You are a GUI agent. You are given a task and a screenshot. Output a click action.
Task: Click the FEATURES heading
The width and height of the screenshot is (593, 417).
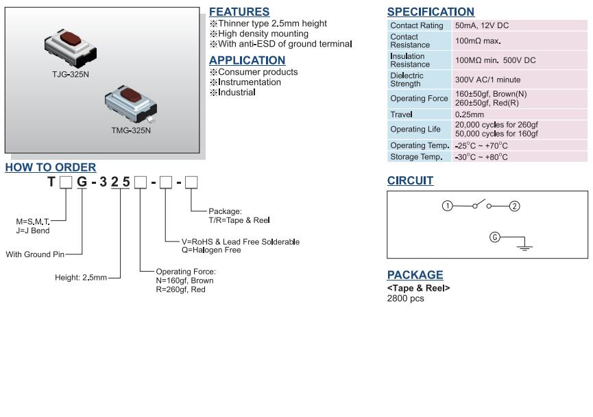coord(239,12)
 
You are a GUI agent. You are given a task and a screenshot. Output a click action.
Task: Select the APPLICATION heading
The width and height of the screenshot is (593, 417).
coord(247,60)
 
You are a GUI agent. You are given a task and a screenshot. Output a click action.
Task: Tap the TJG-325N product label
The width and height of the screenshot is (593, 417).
coord(71,74)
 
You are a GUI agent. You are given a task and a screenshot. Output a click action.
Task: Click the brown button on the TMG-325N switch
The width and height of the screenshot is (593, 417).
coord(131,95)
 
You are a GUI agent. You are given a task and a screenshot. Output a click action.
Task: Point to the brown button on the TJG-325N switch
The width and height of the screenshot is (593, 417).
coord(71,38)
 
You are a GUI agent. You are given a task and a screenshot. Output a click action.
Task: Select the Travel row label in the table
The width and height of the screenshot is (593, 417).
coord(401,115)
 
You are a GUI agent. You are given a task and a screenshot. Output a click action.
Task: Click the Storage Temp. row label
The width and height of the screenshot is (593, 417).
coord(416,156)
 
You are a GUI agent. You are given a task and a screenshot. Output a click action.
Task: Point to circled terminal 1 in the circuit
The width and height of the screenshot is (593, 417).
coord(448,206)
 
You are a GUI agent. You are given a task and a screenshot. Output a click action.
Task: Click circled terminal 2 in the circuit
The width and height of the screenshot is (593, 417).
coord(514,206)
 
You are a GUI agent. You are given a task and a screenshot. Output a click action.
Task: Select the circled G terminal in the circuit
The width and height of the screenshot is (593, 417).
coord(495,237)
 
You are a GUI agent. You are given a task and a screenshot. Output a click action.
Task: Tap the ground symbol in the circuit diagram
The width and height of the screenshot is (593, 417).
coord(524,248)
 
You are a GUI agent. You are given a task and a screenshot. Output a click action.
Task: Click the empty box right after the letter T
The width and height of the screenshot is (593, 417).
coord(66,182)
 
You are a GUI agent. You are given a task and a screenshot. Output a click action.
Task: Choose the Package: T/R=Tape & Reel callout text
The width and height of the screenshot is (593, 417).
coord(239,215)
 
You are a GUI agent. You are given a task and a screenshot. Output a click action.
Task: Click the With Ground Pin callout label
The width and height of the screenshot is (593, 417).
coord(35,254)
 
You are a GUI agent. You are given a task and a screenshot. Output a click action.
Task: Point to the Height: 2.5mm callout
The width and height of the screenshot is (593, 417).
coord(81,277)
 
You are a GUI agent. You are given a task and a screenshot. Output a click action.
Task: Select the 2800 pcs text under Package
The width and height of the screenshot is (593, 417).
coord(405,298)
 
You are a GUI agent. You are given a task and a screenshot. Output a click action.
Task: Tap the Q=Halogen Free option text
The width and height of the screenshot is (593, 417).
coord(211,250)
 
